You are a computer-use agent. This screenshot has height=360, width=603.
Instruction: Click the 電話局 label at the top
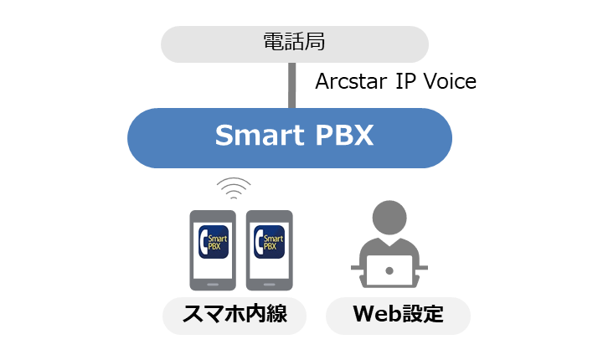pos(294,42)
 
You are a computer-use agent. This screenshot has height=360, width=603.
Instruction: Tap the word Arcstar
pos(351,81)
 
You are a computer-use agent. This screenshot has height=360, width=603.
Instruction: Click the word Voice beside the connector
pos(450,81)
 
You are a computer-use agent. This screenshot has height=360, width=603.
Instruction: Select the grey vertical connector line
pos(292,85)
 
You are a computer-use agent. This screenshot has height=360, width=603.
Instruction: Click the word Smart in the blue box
pos(260,135)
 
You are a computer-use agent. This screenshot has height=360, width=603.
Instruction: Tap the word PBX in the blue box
pos(344,135)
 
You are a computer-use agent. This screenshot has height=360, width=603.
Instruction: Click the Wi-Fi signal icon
pos(234,188)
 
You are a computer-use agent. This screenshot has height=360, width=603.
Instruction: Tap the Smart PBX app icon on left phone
pos(214,242)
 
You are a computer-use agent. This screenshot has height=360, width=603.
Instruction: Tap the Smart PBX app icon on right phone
pos(269,242)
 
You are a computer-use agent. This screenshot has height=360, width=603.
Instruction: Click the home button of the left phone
pos(213,285)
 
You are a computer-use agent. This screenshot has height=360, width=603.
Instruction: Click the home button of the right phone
pos(269,285)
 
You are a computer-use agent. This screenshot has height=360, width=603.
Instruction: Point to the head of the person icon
pos(389,218)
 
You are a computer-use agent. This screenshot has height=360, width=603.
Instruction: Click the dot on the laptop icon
pos(389,270)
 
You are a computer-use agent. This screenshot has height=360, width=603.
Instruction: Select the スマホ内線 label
pos(234,314)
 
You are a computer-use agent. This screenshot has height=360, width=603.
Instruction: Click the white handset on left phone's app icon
pos(204,242)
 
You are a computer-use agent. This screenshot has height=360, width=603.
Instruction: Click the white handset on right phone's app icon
pos(259,242)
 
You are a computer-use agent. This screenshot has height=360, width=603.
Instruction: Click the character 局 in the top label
pos(315,42)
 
